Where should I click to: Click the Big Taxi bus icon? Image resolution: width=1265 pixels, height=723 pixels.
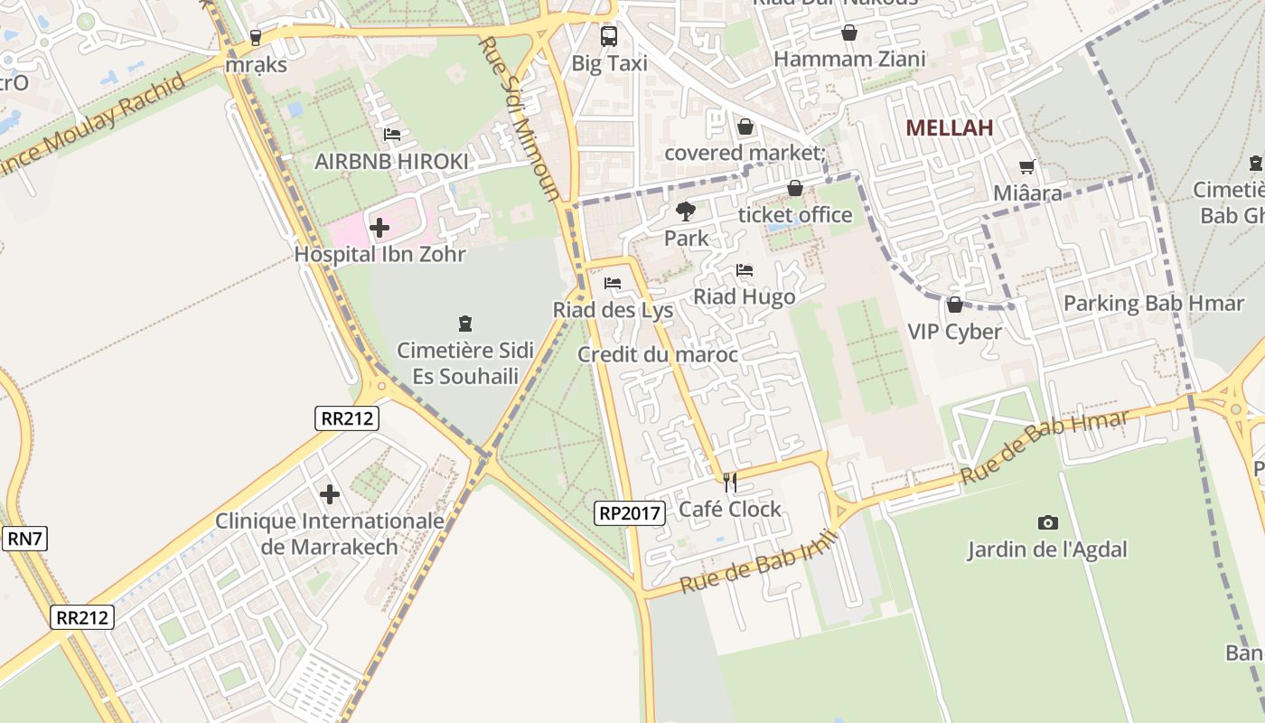[x=609, y=36]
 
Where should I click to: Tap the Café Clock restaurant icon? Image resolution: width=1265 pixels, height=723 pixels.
[x=730, y=483]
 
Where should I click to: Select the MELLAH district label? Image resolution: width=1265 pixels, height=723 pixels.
[x=949, y=127]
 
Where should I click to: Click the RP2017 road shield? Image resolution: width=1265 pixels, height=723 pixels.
[x=631, y=513]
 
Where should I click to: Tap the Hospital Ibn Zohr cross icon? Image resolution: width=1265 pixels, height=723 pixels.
[x=379, y=227]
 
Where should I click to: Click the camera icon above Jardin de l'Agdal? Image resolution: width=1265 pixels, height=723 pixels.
[x=1047, y=522]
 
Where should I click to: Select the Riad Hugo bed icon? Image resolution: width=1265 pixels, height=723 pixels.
[x=745, y=270]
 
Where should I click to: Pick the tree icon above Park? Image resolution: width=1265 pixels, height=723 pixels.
[x=686, y=211]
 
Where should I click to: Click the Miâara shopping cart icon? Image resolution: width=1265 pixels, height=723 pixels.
[x=1026, y=166]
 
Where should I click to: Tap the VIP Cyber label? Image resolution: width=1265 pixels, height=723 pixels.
[x=954, y=332]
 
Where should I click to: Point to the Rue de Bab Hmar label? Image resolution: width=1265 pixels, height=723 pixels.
[x=1045, y=446]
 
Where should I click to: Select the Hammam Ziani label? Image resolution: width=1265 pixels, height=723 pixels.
[x=849, y=60]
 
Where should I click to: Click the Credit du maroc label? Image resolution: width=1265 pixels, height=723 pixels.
[x=657, y=354]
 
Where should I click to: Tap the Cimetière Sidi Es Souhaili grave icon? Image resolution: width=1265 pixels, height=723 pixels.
[x=465, y=323]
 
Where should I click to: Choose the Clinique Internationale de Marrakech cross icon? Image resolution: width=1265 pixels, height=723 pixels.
[x=330, y=494]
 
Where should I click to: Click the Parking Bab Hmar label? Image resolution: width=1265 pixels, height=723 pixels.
[x=1153, y=303]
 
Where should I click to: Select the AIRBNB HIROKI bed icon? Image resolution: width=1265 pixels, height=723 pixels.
[x=392, y=135]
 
